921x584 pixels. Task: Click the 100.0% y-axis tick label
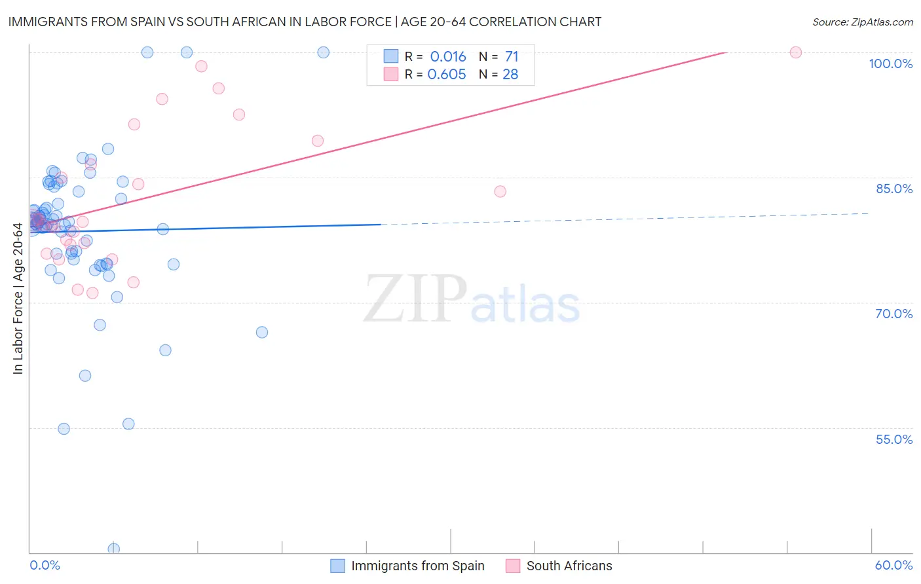tap(890, 64)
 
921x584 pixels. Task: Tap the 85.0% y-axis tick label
tap(894, 189)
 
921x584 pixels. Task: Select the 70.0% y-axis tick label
tap(894, 314)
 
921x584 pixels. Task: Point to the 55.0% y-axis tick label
tap(894, 439)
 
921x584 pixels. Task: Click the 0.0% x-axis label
tap(45, 565)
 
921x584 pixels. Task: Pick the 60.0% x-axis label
tap(893, 565)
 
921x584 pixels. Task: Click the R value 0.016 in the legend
tap(448, 57)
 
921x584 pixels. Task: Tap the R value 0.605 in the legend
tap(447, 75)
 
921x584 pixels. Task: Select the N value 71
tap(511, 57)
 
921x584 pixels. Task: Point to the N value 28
tap(510, 75)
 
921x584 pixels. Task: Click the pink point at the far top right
tap(796, 52)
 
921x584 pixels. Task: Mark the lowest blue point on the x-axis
tap(114, 549)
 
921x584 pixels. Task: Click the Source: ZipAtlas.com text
tap(862, 22)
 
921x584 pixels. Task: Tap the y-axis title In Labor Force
tap(18, 299)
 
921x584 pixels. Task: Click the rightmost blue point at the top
tap(324, 52)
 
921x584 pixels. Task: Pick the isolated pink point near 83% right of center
tap(500, 191)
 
